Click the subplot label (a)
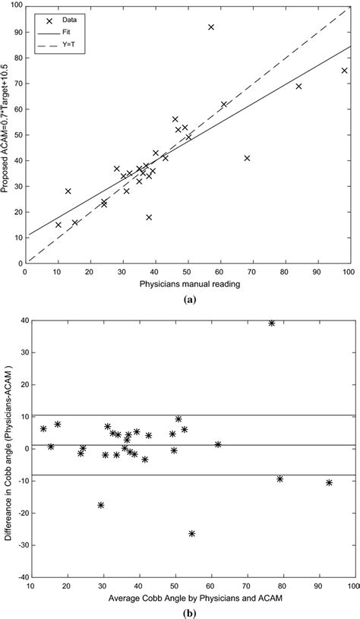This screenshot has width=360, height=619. tap(188, 299)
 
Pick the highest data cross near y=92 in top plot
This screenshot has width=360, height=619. tap(211, 27)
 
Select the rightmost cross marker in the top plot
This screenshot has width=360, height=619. tap(344, 71)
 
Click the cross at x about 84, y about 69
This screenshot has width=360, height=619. tap(298, 87)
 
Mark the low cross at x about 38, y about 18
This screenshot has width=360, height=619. tap(149, 217)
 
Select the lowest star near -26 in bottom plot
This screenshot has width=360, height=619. tap(192, 534)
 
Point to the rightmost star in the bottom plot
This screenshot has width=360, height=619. tap(329, 483)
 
